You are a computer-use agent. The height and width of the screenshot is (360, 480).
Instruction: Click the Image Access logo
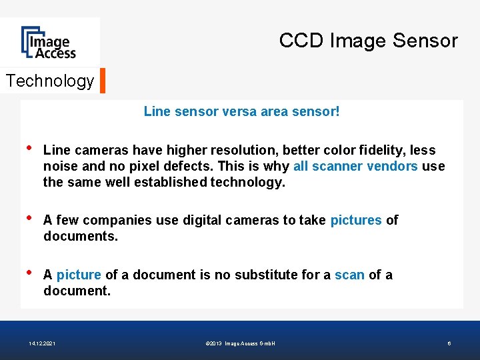tap(49, 43)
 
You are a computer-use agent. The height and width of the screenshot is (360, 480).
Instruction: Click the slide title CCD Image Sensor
tap(368, 41)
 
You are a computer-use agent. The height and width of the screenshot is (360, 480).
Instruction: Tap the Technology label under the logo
tap(50, 81)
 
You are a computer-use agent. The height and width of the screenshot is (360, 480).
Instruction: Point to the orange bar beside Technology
tap(103, 80)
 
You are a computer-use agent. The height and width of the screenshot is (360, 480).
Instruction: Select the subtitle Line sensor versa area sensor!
tap(241, 111)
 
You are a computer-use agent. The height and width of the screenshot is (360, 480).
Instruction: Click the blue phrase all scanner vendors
tap(355, 166)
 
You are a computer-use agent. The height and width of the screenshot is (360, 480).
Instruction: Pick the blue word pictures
tap(356, 220)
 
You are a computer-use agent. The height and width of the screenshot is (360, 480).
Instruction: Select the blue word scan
tap(349, 275)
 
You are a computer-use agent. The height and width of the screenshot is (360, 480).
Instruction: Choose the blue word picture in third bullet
tap(79, 275)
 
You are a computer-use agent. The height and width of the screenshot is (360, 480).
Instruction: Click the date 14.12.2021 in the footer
tap(42, 343)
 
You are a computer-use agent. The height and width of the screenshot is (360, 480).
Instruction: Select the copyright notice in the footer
tap(241, 343)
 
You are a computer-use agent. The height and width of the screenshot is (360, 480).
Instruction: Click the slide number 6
tap(449, 343)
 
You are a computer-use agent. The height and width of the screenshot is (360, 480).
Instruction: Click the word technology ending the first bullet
tap(247, 182)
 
